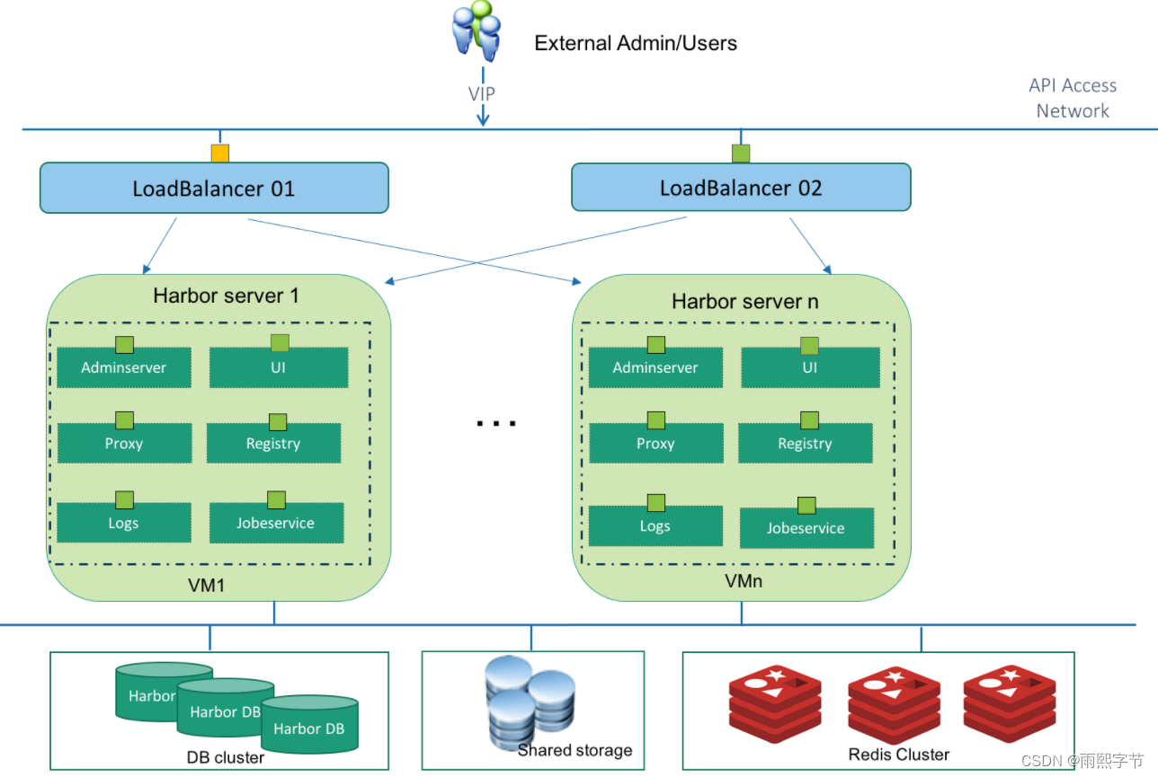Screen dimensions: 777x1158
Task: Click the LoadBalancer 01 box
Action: tap(214, 188)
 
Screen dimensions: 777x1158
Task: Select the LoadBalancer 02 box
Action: tap(741, 188)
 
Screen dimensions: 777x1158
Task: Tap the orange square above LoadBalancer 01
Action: tap(220, 154)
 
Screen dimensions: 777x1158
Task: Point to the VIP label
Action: tap(482, 93)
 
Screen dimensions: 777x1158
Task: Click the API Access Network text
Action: tap(1073, 98)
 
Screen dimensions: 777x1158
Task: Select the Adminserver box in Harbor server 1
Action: tap(124, 367)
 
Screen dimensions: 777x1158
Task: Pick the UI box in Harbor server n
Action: tap(810, 367)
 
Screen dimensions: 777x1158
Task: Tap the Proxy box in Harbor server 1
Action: tap(124, 444)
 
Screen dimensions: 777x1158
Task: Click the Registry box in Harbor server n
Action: tap(805, 444)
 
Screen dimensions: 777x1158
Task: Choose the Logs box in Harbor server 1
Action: tap(124, 523)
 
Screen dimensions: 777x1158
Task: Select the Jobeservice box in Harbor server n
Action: tap(806, 528)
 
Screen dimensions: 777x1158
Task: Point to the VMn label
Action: tap(744, 581)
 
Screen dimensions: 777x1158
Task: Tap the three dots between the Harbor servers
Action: tap(496, 421)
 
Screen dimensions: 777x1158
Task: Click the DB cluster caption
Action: tap(225, 757)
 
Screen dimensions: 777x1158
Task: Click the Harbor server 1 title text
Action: tap(226, 296)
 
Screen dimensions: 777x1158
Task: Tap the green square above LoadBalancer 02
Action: tap(741, 154)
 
